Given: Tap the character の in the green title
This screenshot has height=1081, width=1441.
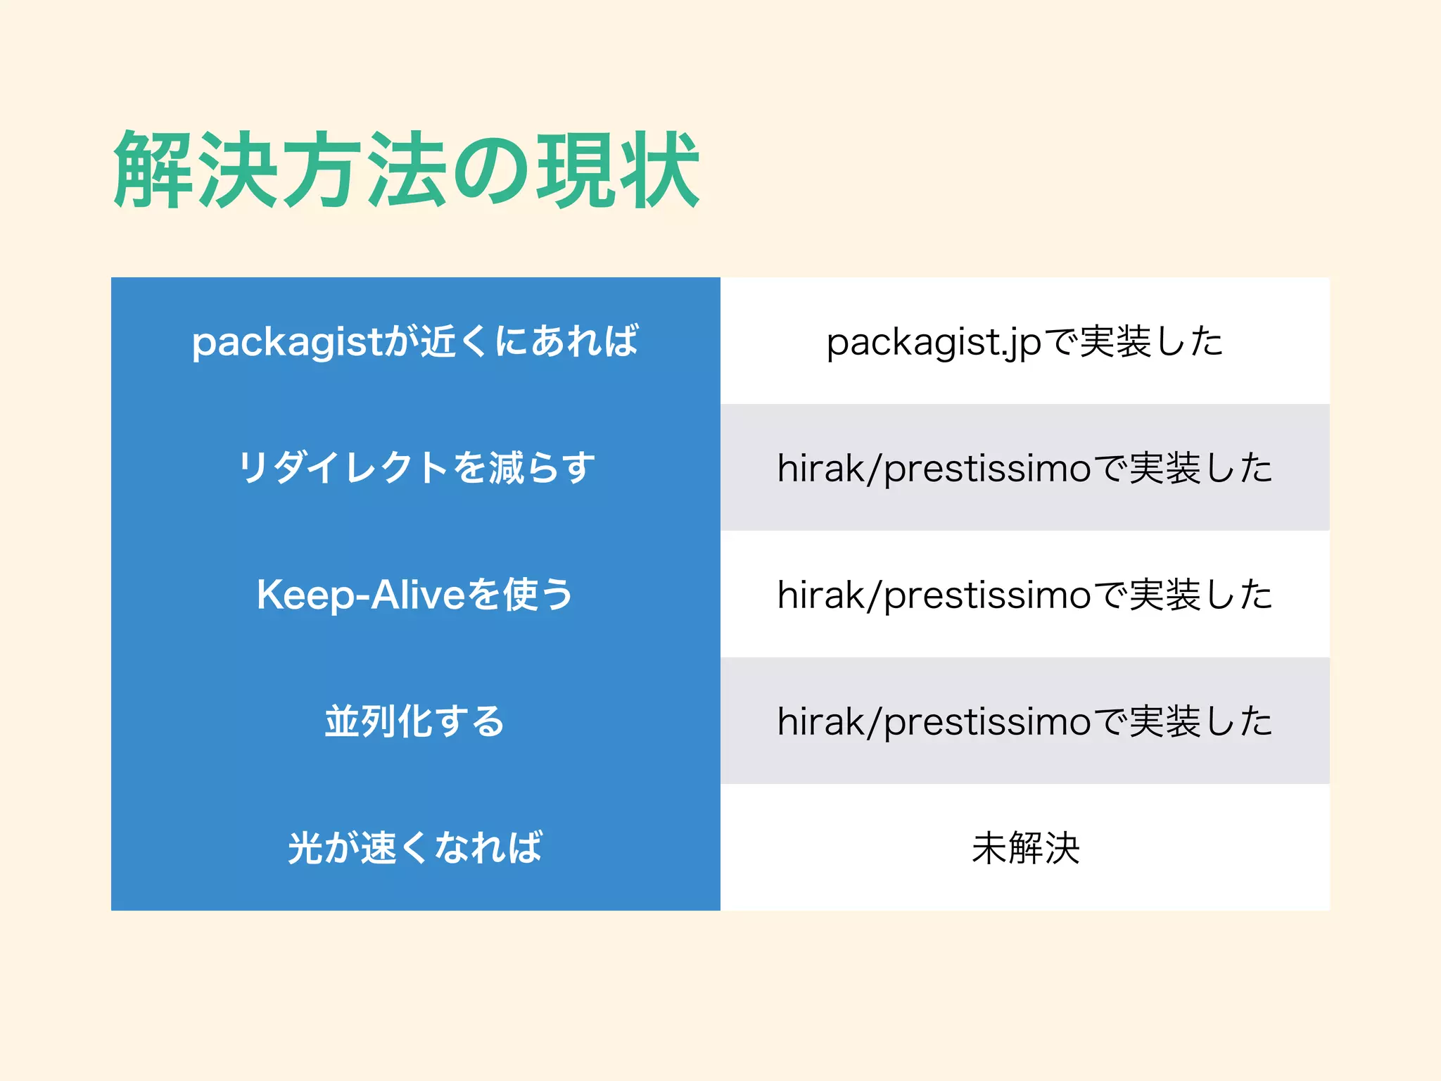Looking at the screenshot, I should [x=490, y=171].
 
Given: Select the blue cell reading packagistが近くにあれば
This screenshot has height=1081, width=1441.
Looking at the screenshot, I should [x=415, y=341].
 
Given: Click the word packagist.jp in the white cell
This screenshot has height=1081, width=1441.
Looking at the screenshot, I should [x=933, y=343].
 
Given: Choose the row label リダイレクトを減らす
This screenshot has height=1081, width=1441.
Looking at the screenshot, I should [x=415, y=468].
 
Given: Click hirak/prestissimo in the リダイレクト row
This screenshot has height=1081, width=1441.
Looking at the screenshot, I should [x=934, y=469].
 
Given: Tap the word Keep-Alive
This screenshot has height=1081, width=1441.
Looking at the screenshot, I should [x=360, y=595].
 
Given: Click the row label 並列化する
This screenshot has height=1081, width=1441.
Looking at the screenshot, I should [x=415, y=721].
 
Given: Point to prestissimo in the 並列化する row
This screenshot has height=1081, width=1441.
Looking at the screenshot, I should [x=986, y=723].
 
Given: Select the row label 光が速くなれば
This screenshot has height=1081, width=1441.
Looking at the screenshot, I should [x=415, y=847].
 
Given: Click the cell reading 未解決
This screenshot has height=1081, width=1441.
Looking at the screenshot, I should [x=1025, y=848].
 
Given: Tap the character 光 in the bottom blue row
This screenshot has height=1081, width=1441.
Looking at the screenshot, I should [x=305, y=847].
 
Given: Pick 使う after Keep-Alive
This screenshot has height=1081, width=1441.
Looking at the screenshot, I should [x=538, y=595].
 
